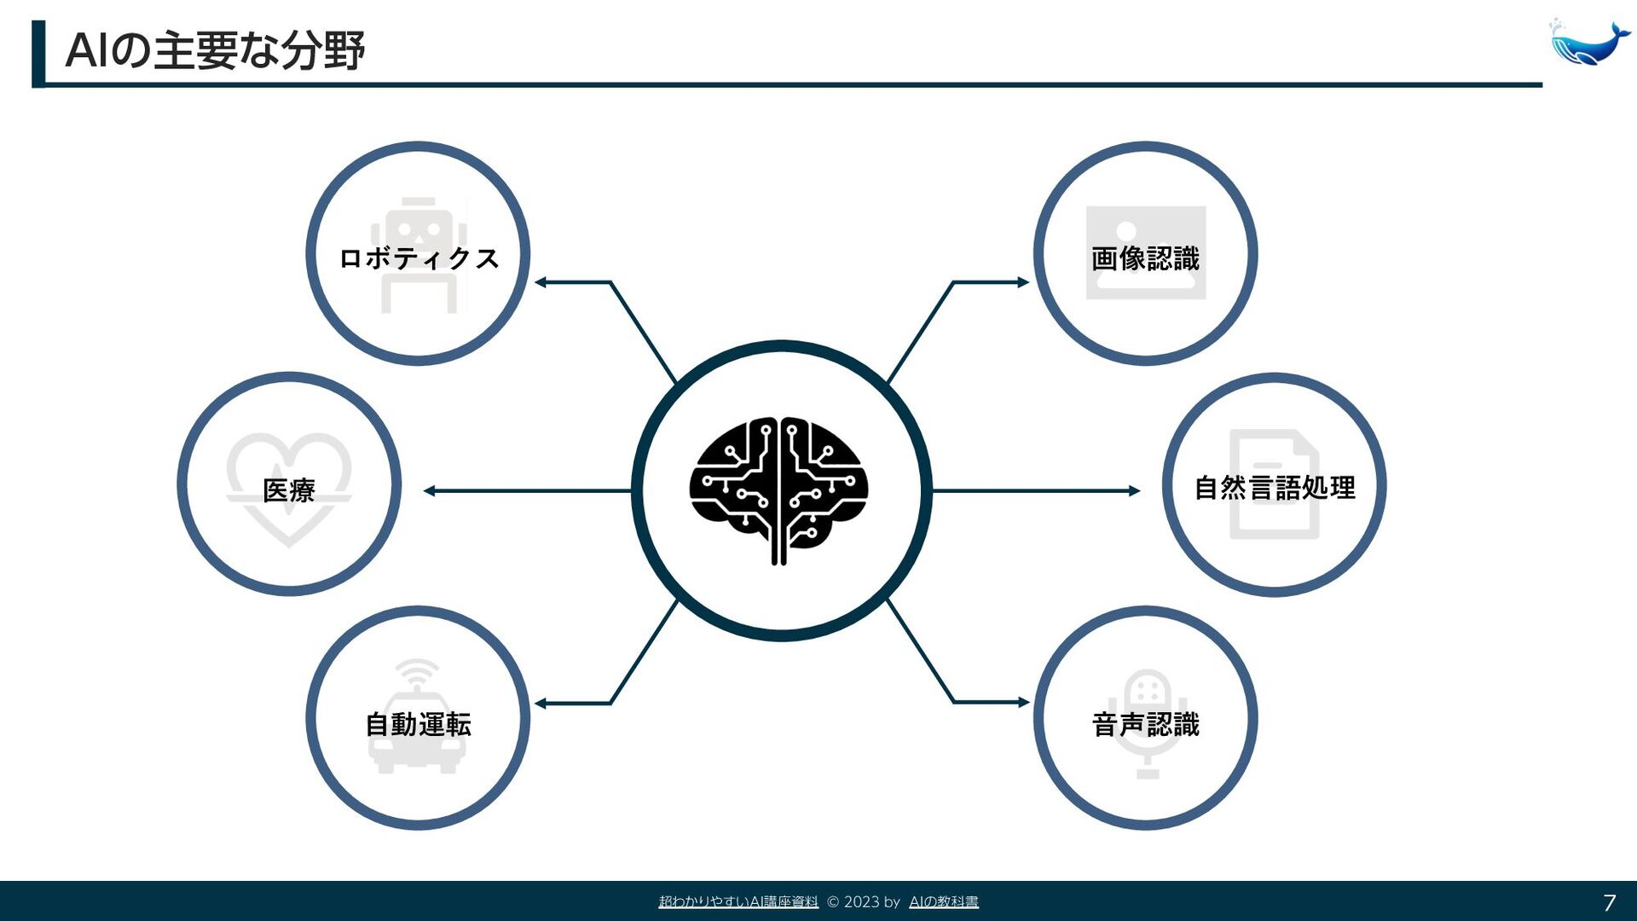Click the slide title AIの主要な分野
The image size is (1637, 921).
click(215, 50)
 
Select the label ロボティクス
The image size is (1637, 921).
click(418, 258)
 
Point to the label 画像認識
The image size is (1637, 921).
click(1145, 258)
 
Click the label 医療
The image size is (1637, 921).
click(289, 490)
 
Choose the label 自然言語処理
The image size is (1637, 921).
click(1274, 488)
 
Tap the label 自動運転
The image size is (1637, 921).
click(418, 725)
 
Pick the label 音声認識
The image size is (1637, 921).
click(1145, 725)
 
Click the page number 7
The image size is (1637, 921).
click(1609, 902)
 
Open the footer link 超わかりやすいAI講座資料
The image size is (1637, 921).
click(738, 902)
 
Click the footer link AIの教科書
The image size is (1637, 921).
click(944, 902)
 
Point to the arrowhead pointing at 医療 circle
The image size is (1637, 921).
click(430, 490)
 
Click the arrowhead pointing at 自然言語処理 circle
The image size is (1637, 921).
click(1134, 490)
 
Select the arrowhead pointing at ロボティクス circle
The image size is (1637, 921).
click(541, 282)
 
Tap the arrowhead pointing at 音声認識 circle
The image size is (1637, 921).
click(1023, 703)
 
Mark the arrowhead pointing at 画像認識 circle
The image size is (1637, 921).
click(1023, 282)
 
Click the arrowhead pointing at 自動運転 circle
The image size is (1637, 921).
click(541, 704)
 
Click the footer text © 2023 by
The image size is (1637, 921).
click(863, 902)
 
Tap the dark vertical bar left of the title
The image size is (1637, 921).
click(38, 54)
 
